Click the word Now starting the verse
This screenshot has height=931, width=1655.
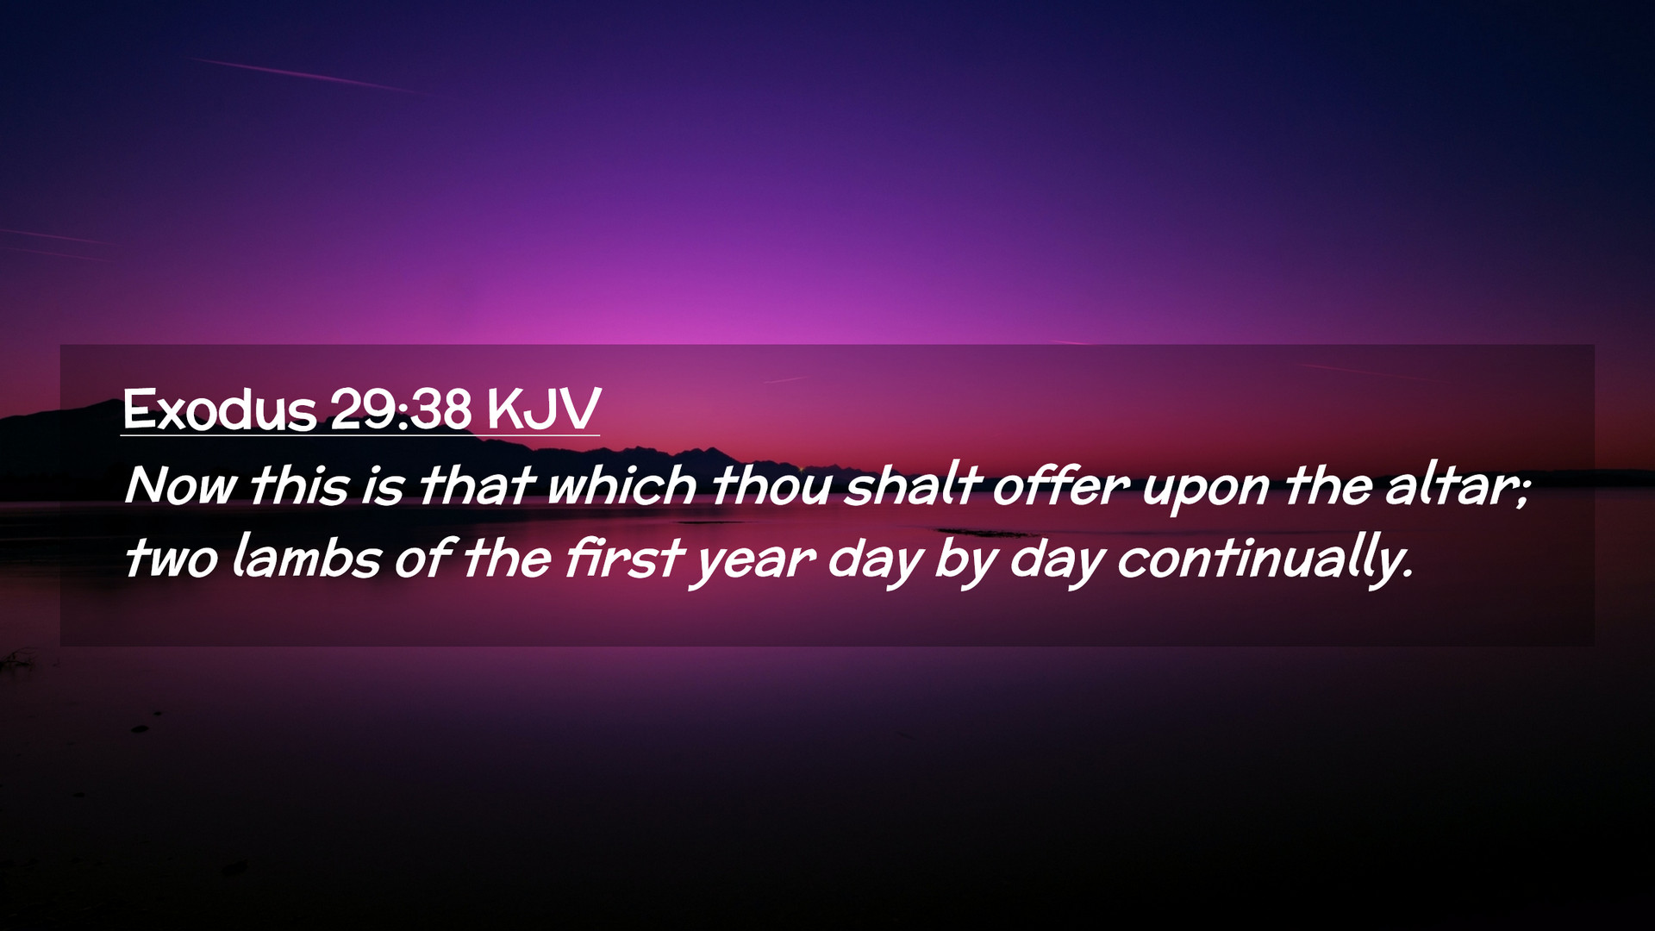click(180, 485)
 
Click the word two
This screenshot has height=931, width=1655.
click(172, 559)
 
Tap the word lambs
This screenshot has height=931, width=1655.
click(306, 557)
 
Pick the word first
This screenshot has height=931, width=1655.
click(625, 557)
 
